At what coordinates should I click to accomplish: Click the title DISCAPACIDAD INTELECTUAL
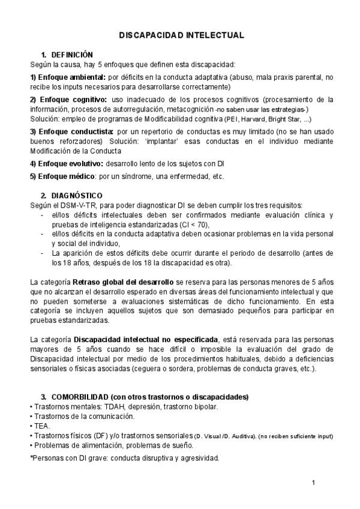click(x=180, y=35)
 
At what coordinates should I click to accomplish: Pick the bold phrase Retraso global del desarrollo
click(x=121, y=282)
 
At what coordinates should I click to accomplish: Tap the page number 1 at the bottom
click(x=314, y=483)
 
